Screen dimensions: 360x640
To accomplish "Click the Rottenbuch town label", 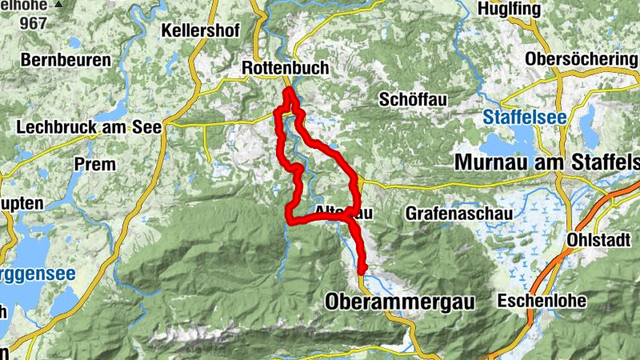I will pos(286,69).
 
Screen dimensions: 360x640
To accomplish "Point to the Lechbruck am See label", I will pos(89,126).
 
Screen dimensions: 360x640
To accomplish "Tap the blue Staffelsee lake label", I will pos(525,118).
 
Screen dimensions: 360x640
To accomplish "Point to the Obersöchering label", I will pos(582,60).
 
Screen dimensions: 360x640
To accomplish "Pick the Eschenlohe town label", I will pos(542,301).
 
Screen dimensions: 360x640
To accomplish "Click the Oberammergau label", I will pos(400,302).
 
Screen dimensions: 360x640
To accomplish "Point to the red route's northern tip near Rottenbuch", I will pos(286,93).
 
